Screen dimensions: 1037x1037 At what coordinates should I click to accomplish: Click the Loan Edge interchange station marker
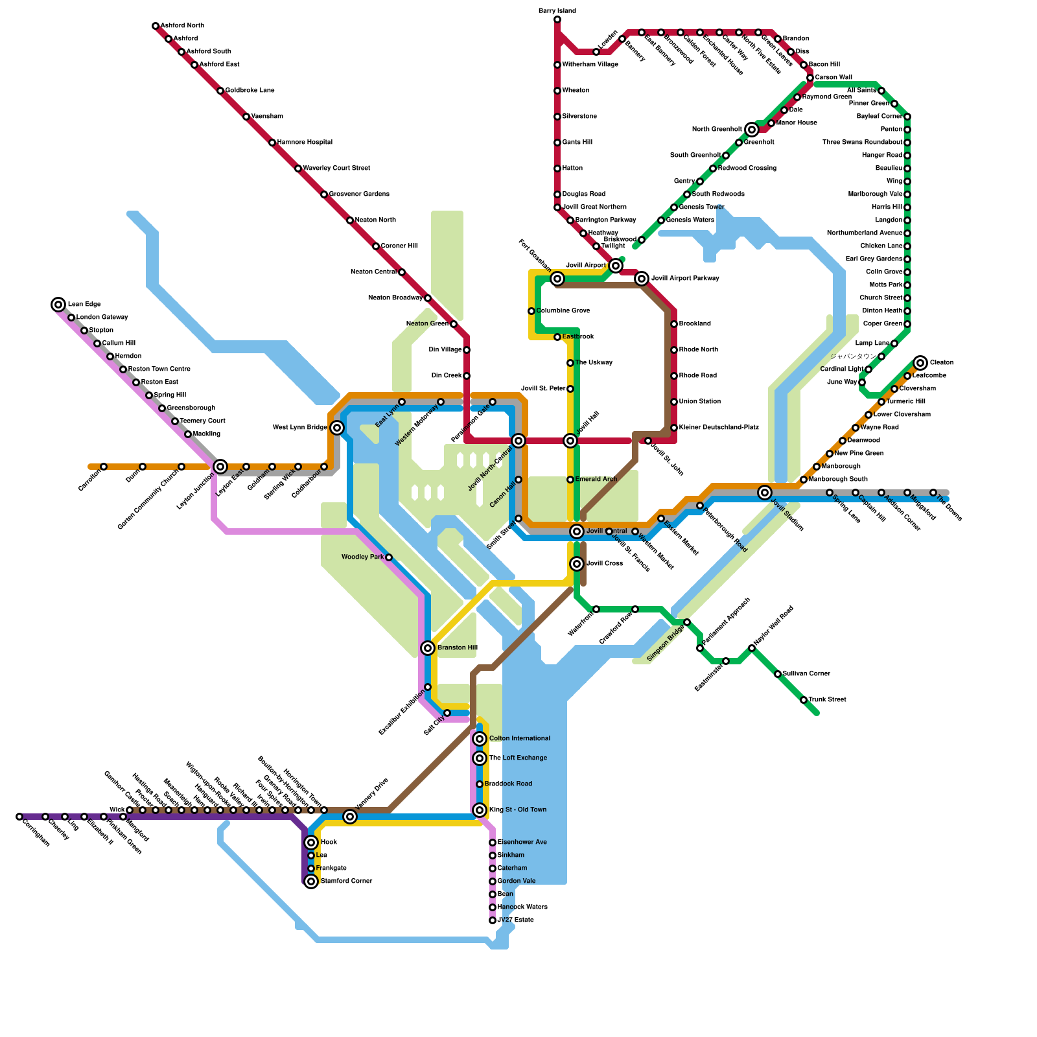[x=58, y=305]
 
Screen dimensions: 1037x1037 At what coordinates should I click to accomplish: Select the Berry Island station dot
[x=557, y=19]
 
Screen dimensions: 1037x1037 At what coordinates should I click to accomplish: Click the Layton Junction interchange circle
[x=220, y=467]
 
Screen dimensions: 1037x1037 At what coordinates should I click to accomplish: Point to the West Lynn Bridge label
[x=300, y=428]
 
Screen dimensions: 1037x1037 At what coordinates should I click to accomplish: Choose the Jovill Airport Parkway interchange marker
[x=642, y=279]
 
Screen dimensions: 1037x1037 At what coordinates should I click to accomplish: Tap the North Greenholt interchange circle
[x=752, y=130]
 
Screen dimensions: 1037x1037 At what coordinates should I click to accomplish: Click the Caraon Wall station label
[x=833, y=78]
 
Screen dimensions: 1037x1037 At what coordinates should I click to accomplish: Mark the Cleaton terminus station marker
[x=921, y=363]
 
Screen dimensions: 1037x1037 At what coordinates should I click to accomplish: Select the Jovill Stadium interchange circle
[x=765, y=493]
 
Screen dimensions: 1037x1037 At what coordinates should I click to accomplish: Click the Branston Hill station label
[x=458, y=648]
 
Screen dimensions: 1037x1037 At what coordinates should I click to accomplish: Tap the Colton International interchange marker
[x=480, y=739]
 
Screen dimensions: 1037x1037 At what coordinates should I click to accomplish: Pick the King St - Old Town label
[x=518, y=810]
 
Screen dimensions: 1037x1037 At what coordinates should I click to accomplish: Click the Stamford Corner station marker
[x=311, y=881]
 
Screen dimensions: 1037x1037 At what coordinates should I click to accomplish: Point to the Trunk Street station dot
[x=804, y=700]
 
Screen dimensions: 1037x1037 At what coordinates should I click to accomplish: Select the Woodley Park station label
[x=363, y=557]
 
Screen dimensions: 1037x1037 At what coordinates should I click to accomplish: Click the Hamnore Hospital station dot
[x=272, y=143]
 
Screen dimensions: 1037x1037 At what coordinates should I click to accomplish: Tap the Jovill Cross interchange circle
[x=577, y=564]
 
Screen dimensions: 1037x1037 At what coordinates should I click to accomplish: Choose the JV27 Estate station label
[x=516, y=920]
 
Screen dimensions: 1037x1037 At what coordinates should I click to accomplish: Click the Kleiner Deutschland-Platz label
[x=719, y=428]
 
